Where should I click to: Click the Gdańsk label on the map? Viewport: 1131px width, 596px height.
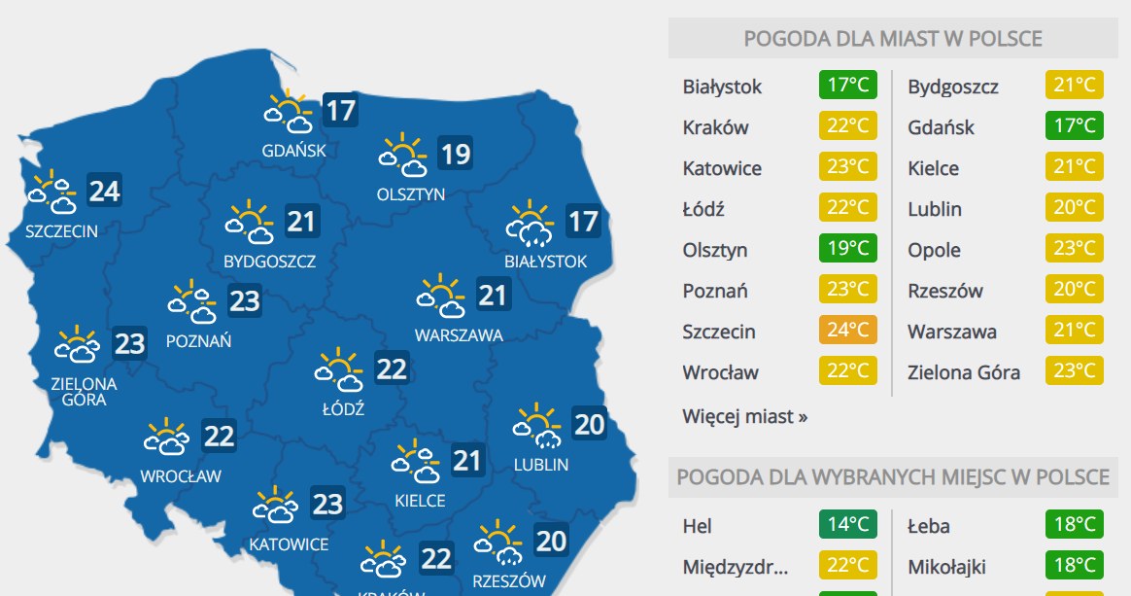[293, 151]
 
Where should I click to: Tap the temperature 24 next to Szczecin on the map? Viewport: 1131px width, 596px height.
[104, 192]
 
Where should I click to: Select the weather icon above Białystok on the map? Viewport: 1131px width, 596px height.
[530, 224]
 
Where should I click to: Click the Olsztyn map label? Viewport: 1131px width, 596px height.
[411, 193]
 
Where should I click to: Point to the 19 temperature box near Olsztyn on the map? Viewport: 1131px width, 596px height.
[455, 154]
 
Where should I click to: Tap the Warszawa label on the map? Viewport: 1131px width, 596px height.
[459, 335]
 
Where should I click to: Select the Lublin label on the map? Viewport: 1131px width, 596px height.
[541, 465]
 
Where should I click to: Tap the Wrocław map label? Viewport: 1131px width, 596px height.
[181, 476]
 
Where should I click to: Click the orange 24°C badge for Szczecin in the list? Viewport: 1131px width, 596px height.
[847, 331]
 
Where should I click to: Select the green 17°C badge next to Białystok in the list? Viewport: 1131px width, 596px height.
[847, 86]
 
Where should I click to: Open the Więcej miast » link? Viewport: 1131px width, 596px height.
[744, 417]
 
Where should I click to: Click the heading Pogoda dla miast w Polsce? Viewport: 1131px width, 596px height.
[893, 39]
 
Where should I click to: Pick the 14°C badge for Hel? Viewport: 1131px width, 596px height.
[847, 525]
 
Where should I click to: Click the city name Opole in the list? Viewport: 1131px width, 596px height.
[934, 250]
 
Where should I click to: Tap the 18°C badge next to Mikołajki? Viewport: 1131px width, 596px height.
[1075, 566]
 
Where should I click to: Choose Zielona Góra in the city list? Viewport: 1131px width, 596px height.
[964, 372]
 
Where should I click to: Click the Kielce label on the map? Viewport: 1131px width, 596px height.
[421, 501]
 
